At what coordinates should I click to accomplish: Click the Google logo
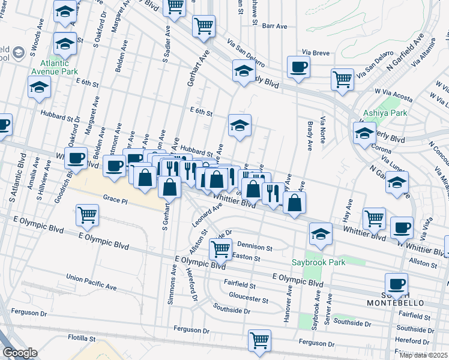(x=20, y=353)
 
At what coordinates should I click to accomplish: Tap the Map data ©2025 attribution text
(x=423, y=355)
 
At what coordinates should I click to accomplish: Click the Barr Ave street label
(x=276, y=26)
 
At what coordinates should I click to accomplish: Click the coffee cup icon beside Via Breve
(x=298, y=67)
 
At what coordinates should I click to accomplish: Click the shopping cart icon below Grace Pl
(x=88, y=215)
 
